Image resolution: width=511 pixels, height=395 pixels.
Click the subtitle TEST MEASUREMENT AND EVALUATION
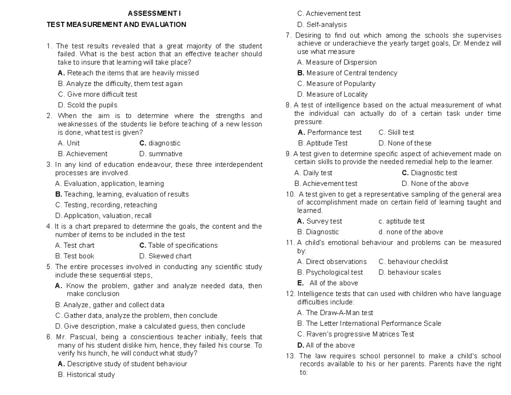click(x=116, y=25)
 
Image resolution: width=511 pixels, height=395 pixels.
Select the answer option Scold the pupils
click(x=87, y=105)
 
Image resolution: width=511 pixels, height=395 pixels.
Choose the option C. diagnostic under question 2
click(x=160, y=143)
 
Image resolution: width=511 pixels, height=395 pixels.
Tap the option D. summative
click(x=161, y=154)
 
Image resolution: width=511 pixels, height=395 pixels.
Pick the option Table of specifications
click(x=178, y=245)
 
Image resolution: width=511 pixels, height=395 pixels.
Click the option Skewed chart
click(x=165, y=256)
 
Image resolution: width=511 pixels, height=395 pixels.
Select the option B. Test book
click(x=75, y=256)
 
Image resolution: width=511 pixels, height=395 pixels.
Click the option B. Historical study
click(x=86, y=375)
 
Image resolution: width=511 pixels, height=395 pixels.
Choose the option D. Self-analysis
click(x=322, y=25)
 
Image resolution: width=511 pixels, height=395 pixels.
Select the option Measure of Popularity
click(x=336, y=84)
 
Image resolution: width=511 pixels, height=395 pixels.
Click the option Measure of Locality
click(x=332, y=94)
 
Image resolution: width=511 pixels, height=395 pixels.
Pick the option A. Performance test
click(x=330, y=133)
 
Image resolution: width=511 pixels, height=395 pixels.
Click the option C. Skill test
click(x=396, y=133)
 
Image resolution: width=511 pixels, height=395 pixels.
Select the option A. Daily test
click(x=313, y=173)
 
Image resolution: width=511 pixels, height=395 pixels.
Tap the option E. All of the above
click(x=327, y=283)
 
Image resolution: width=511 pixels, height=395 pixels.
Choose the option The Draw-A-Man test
click(x=335, y=313)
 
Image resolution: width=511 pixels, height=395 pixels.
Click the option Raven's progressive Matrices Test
click(x=356, y=334)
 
